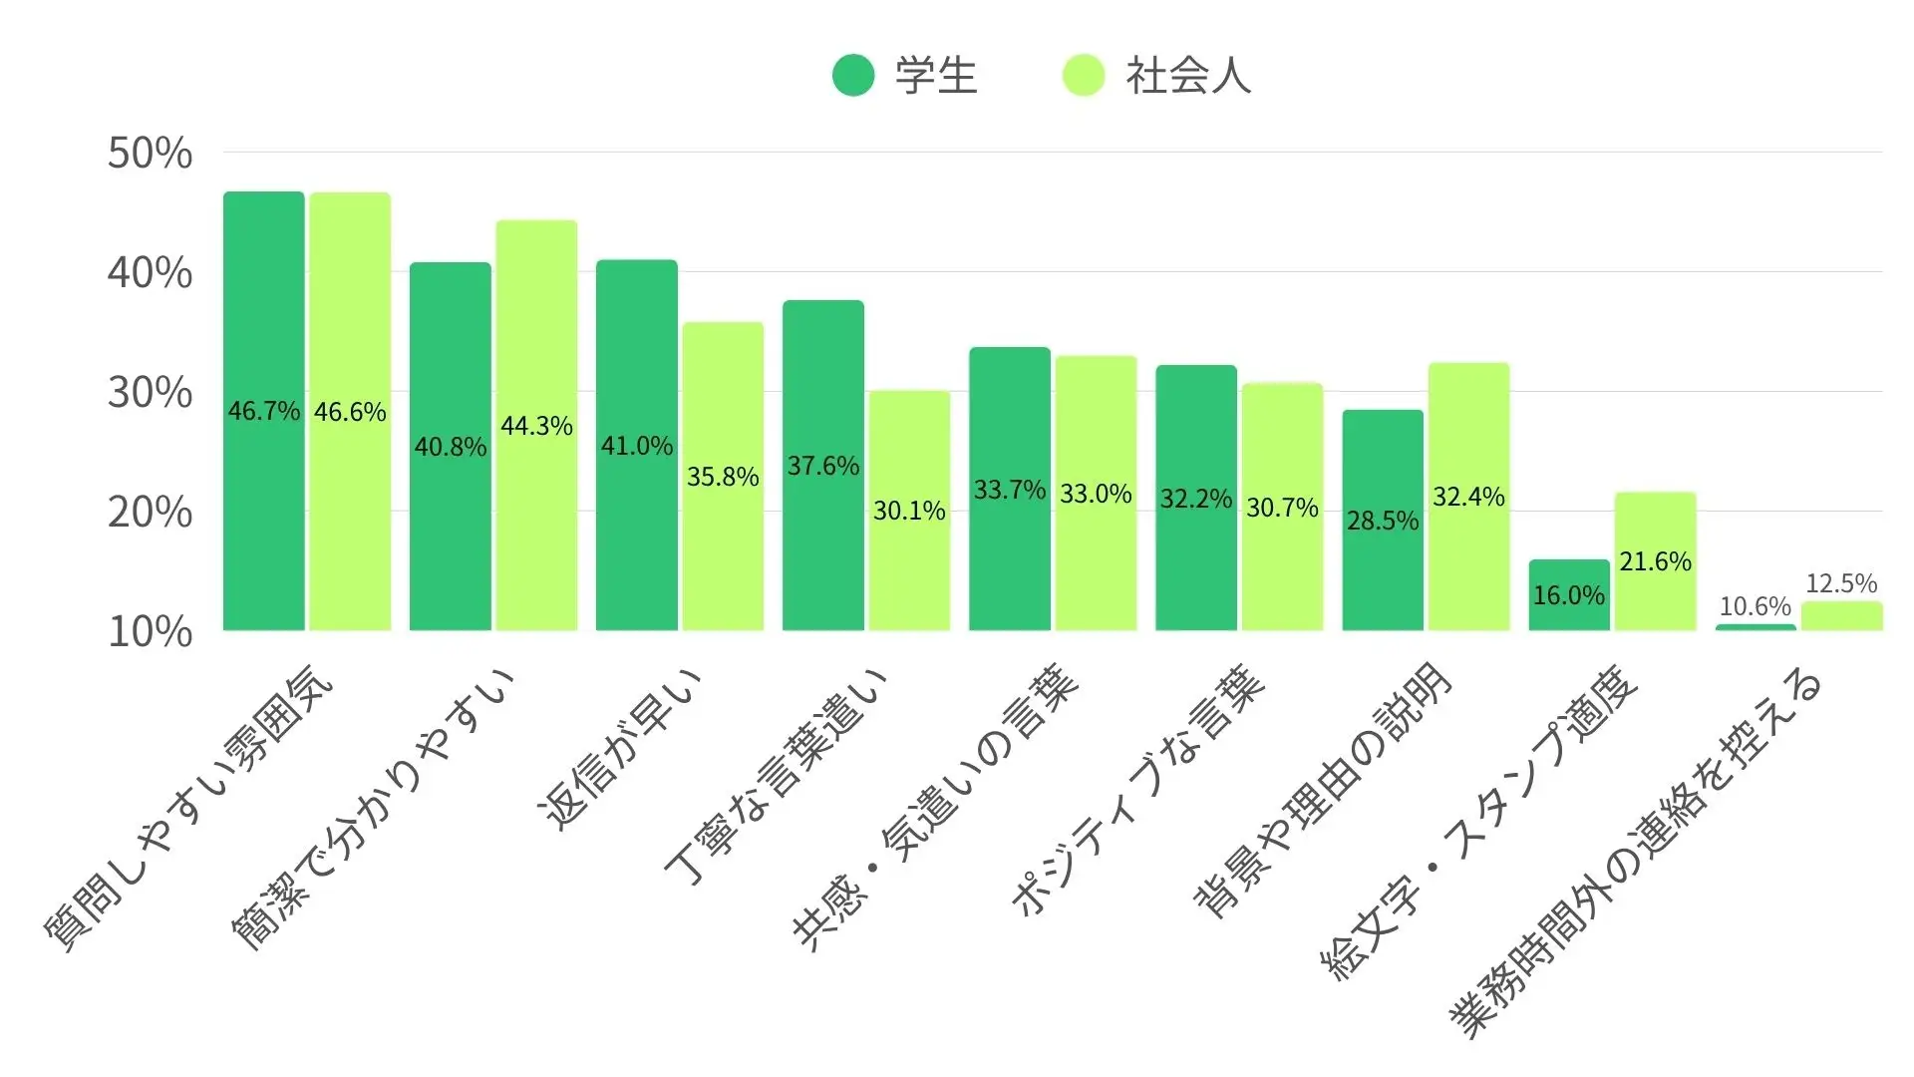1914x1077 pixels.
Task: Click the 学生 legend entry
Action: click(905, 76)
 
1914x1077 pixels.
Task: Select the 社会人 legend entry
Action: click(1156, 76)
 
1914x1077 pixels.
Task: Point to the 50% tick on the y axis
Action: click(150, 154)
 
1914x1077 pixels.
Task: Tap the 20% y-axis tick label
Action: click(150, 513)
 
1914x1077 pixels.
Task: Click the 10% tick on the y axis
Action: click(150, 632)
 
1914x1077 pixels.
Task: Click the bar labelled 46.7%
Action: click(263, 411)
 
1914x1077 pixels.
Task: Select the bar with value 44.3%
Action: click(536, 426)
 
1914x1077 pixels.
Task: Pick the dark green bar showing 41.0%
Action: click(636, 445)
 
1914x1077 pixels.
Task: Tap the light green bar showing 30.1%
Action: click(909, 511)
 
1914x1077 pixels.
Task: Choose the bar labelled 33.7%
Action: click(1009, 489)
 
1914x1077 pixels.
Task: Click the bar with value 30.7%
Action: click(1282, 507)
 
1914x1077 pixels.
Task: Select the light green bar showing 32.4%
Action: click(1468, 497)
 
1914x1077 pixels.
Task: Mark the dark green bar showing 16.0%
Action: click(1569, 595)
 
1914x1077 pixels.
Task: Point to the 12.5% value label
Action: click(1841, 583)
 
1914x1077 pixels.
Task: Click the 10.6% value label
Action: click(1755, 606)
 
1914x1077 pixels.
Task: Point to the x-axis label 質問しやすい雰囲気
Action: click(189, 808)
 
